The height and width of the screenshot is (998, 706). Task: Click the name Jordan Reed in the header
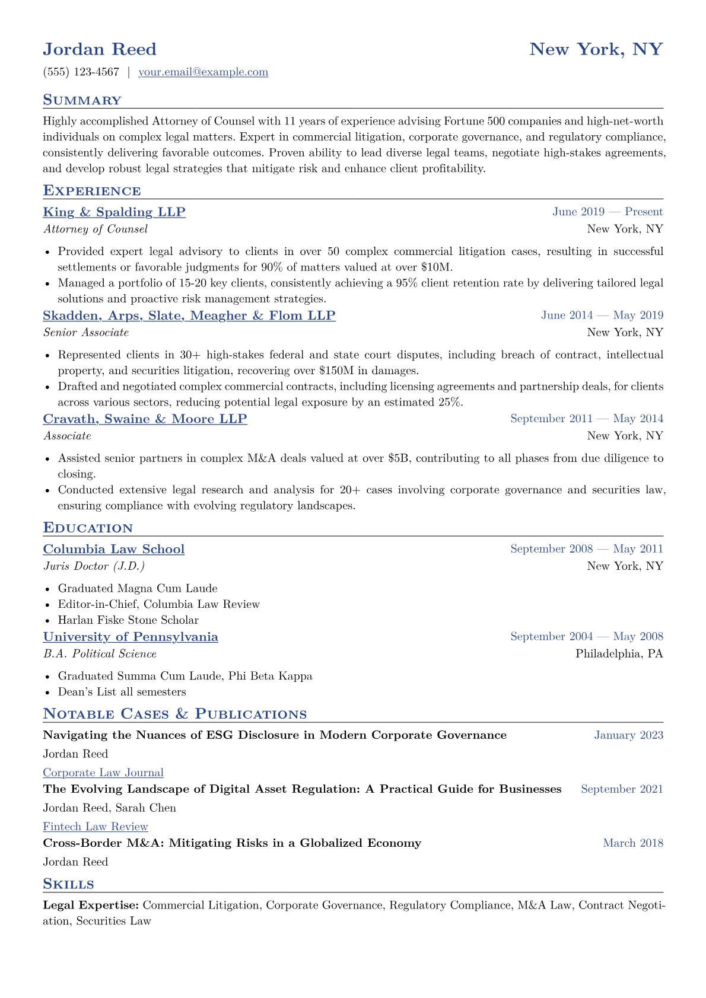pyautogui.click(x=100, y=49)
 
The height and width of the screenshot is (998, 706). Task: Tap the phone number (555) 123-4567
pyautogui.click(x=81, y=72)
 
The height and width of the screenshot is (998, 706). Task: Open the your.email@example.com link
pyautogui.click(x=203, y=72)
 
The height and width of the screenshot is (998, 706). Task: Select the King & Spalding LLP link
pyautogui.click(x=114, y=212)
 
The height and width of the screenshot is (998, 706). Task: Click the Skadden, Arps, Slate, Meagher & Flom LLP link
pyautogui.click(x=189, y=315)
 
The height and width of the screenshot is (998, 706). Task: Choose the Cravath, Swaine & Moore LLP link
pyautogui.click(x=145, y=419)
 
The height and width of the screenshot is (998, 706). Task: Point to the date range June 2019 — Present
pyautogui.click(x=608, y=212)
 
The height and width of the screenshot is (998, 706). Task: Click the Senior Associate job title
pyautogui.click(x=86, y=333)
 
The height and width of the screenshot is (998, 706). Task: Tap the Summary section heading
pyautogui.click(x=82, y=100)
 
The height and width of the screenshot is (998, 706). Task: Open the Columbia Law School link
pyautogui.click(x=114, y=549)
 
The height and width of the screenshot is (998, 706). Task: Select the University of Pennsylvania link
pyautogui.click(x=131, y=637)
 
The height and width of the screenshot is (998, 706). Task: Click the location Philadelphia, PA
pyautogui.click(x=619, y=654)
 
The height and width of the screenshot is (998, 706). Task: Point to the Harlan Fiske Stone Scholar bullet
pyautogui.click(x=128, y=620)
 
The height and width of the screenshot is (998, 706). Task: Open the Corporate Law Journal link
pyautogui.click(x=103, y=773)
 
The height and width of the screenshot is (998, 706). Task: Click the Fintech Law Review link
pyautogui.click(x=96, y=827)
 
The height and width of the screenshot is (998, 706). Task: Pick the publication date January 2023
pyautogui.click(x=628, y=735)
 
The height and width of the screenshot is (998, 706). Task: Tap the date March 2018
pyautogui.click(x=633, y=843)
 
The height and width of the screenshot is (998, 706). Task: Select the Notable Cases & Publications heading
pyautogui.click(x=174, y=714)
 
